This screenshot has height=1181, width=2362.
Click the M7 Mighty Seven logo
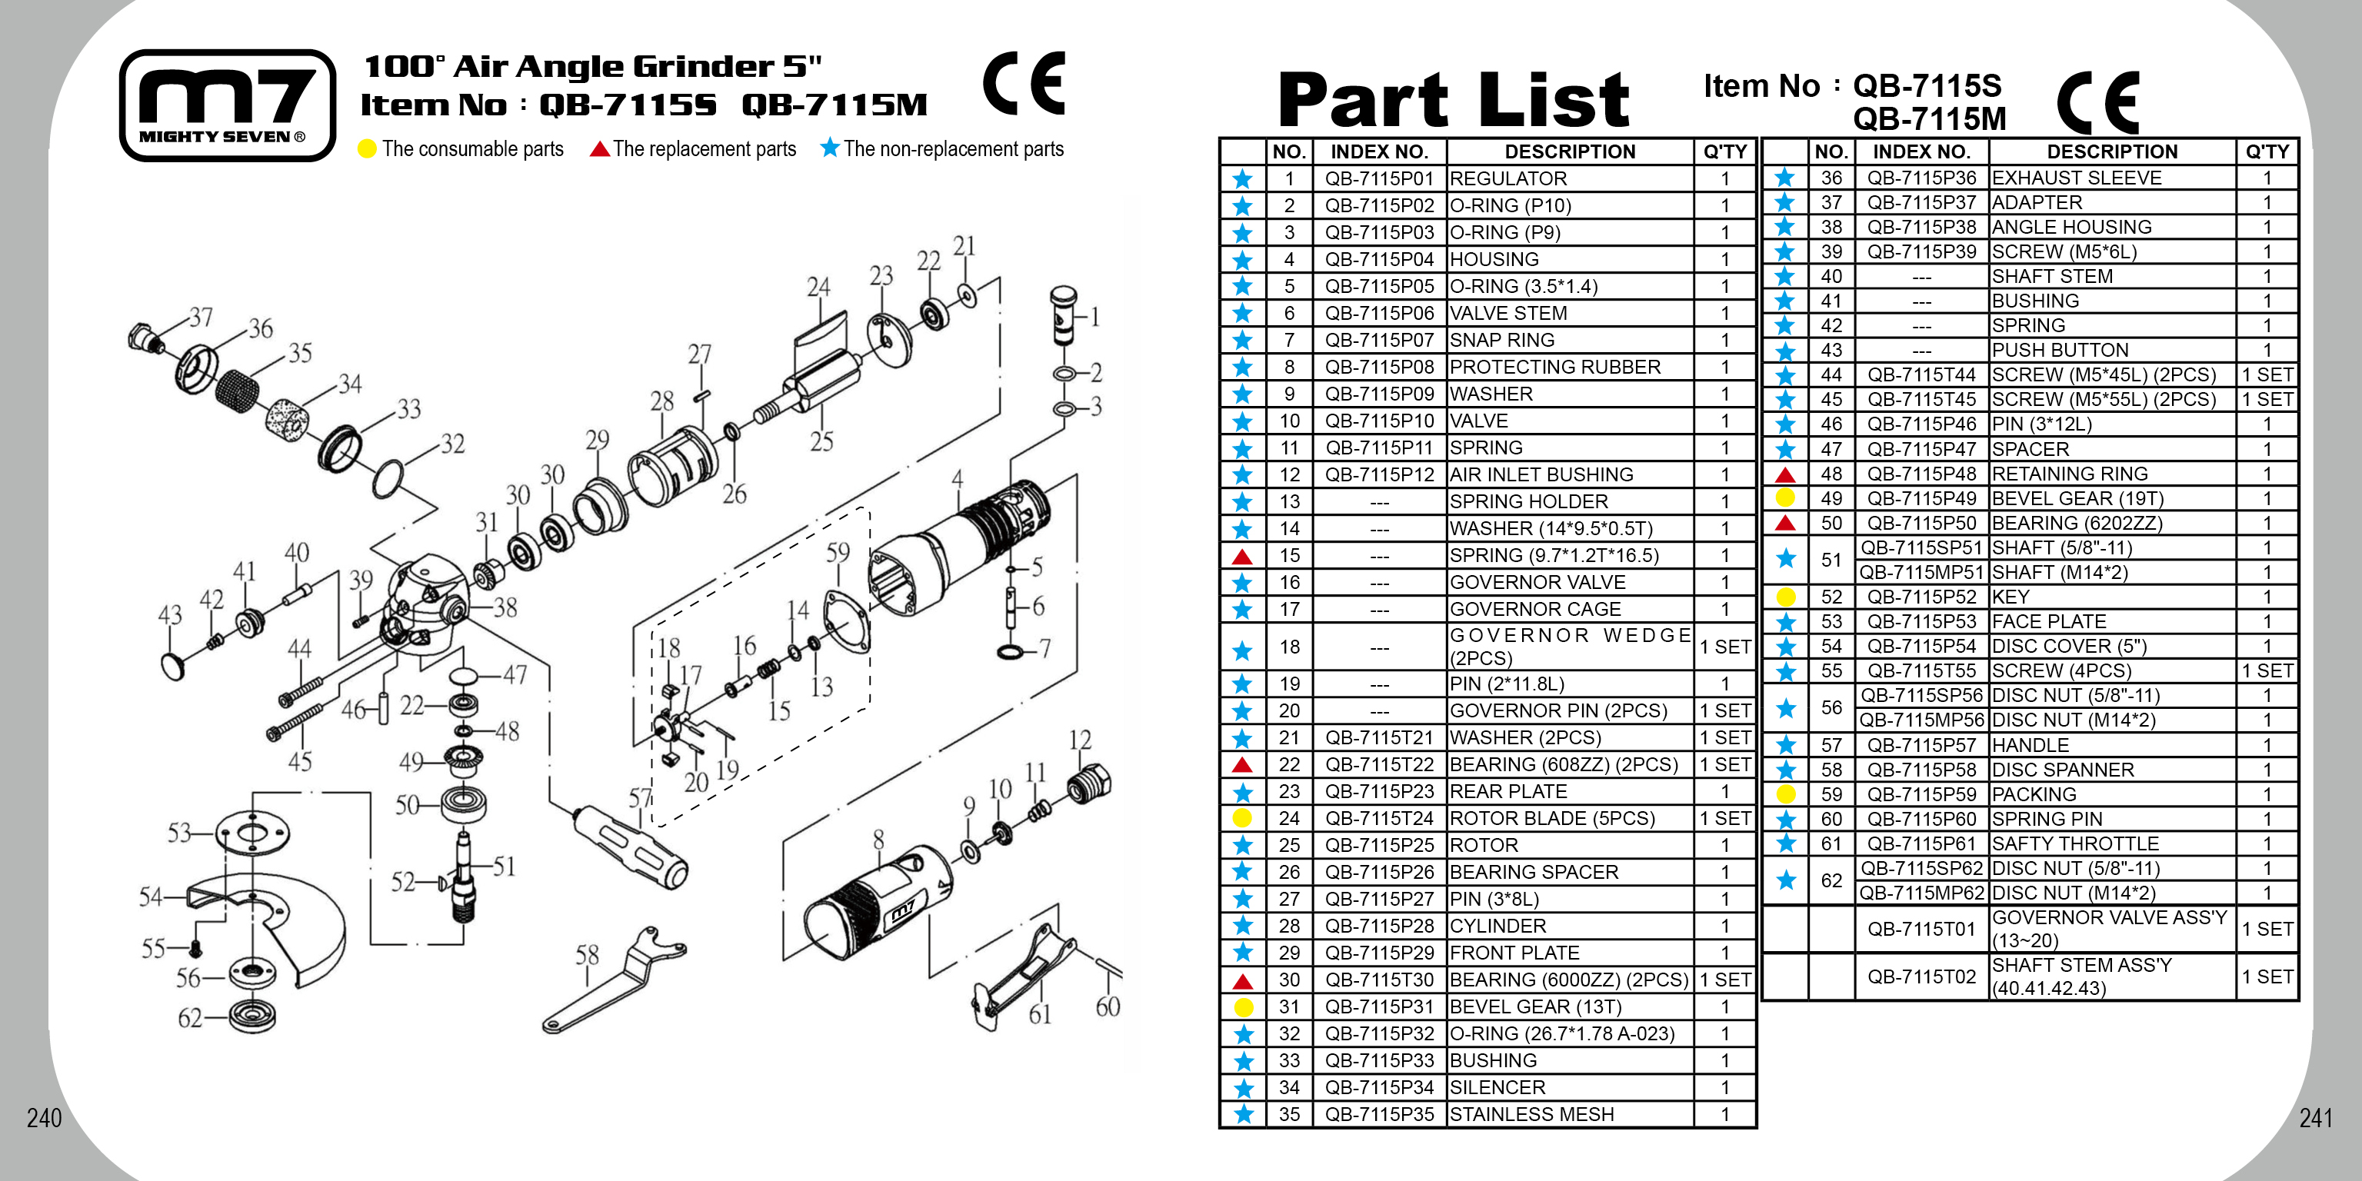pyautogui.click(x=228, y=105)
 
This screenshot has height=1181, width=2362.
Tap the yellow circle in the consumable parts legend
pyautogui.click(x=367, y=148)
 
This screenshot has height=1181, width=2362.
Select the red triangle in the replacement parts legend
pyautogui.click(x=600, y=148)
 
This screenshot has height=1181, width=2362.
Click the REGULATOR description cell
pyautogui.click(x=1507, y=179)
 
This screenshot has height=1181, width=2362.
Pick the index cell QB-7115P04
pyautogui.click(x=1379, y=259)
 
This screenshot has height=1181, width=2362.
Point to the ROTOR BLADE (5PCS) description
pyautogui.click(x=1551, y=818)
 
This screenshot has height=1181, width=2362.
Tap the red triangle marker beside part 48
pyautogui.click(x=1784, y=474)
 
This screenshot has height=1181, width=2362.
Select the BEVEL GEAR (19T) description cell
pyautogui.click(x=2077, y=499)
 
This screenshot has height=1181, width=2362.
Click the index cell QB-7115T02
pyautogui.click(x=1921, y=976)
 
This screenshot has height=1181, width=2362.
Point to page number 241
pyautogui.click(x=2314, y=1118)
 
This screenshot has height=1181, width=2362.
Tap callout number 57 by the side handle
pyautogui.click(x=639, y=798)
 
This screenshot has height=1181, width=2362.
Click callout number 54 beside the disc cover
pyautogui.click(x=152, y=896)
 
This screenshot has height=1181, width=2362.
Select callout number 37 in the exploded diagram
pyautogui.click(x=201, y=318)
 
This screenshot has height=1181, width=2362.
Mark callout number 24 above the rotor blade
pyautogui.click(x=818, y=287)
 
